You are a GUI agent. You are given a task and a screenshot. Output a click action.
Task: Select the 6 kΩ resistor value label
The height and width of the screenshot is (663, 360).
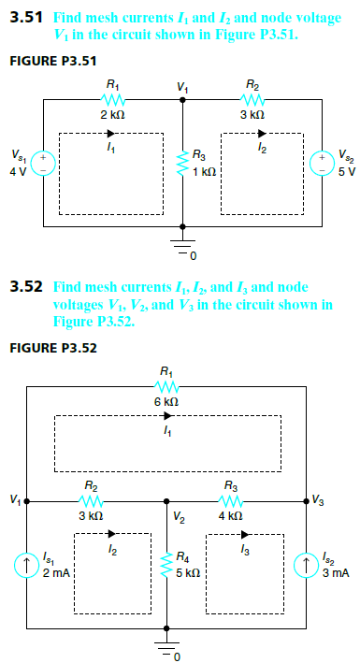coord(166,401)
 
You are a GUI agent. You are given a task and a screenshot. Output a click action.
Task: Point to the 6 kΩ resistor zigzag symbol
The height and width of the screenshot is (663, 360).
coord(166,385)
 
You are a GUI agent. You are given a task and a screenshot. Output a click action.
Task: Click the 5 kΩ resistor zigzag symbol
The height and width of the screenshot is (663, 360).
coord(166,565)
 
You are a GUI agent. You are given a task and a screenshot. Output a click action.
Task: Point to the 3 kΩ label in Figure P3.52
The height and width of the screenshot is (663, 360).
coord(90,515)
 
